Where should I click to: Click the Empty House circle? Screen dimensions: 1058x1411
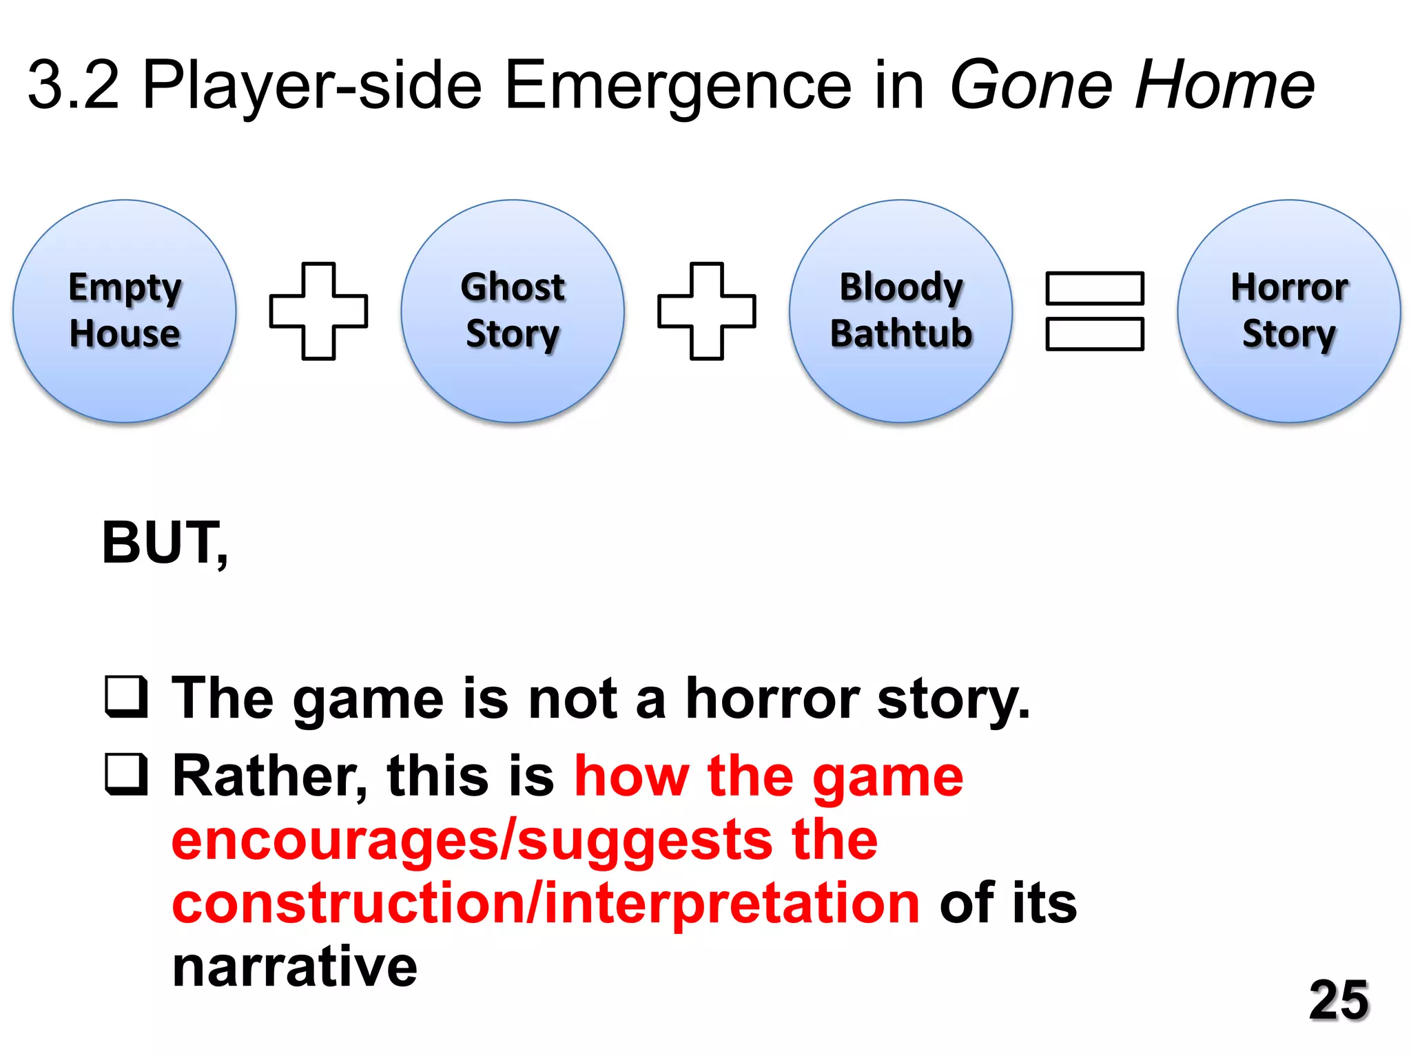click(125, 311)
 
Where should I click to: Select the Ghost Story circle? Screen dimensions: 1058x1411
click(513, 311)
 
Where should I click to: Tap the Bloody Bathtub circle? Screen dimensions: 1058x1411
click(900, 311)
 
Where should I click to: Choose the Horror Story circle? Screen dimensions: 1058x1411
click(1288, 311)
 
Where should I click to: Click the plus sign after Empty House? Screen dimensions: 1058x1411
click(318, 311)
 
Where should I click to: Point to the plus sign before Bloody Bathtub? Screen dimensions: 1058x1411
click(707, 311)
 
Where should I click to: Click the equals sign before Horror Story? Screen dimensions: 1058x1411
click(1095, 311)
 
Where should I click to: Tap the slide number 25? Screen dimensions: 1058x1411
click(1338, 1000)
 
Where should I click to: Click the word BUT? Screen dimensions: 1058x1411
click(163, 543)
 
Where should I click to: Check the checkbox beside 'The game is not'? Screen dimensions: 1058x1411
click(126, 697)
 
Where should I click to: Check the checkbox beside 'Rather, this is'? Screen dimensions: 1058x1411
click(126, 775)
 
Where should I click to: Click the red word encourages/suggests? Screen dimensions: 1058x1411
click(471, 840)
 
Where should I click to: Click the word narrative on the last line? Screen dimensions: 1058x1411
click(295, 967)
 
